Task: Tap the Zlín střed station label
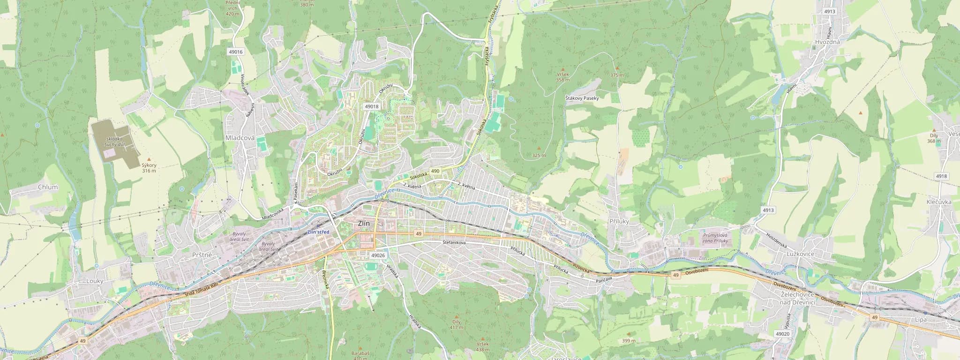point(318,232)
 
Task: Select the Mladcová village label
point(240,138)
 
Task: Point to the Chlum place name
point(48,187)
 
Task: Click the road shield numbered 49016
point(236,52)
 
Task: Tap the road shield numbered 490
point(435,171)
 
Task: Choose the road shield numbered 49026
point(377,255)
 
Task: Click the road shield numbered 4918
point(941,176)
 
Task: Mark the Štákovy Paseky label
point(582,98)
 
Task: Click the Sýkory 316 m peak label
point(149,168)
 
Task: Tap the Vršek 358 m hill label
point(562,77)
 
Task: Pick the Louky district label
point(95,281)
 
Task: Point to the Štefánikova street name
point(454,243)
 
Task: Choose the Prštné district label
point(202,255)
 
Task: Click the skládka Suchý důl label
point(114,142)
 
